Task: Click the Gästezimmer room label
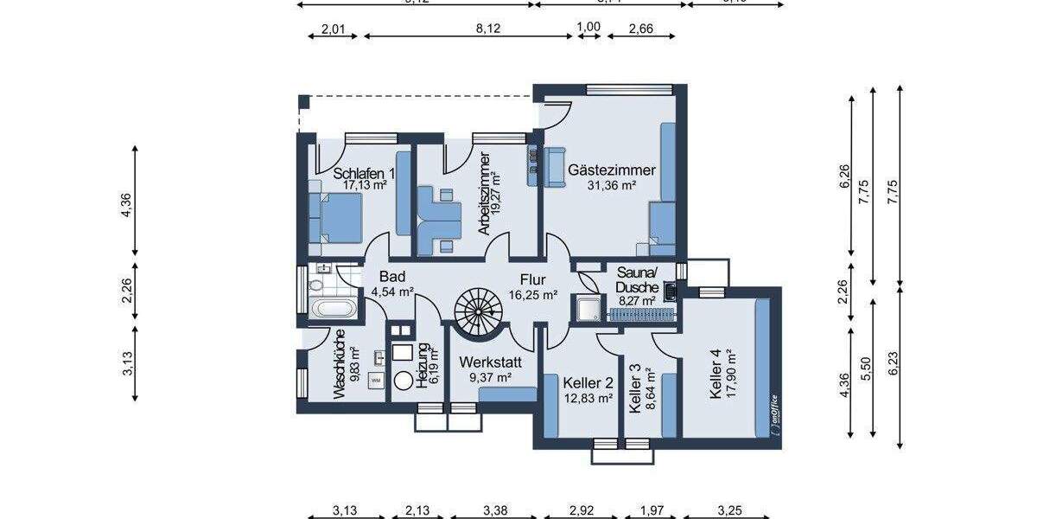[x=611, y=170]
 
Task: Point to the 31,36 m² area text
[x=611, y=185]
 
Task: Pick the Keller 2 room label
[x=588, y=382]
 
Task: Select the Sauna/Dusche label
[x=638, y=280]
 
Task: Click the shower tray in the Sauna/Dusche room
[x=588, y=308]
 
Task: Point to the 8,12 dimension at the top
[x=488, y=28]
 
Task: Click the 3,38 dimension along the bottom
[x=488, y=509]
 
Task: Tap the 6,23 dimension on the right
[x=900, y=370]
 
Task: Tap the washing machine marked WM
[x=377, y=379]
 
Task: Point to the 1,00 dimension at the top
[x=588, y=28]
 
